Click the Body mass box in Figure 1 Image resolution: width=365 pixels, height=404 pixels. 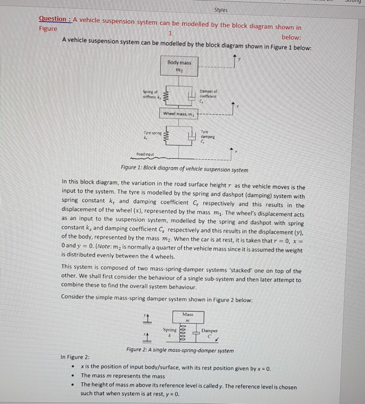click(x=179, y=66)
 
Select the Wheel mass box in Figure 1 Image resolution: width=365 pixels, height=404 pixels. click(x=179, y=114)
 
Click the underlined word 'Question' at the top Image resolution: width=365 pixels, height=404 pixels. click(x=53, y=19)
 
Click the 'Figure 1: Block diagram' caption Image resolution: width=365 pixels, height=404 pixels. click(x=185, y=170)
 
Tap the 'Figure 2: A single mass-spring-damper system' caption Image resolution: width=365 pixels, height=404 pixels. click(x=180, y=350)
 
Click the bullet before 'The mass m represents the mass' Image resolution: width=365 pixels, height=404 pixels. click(x=72, y=376)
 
